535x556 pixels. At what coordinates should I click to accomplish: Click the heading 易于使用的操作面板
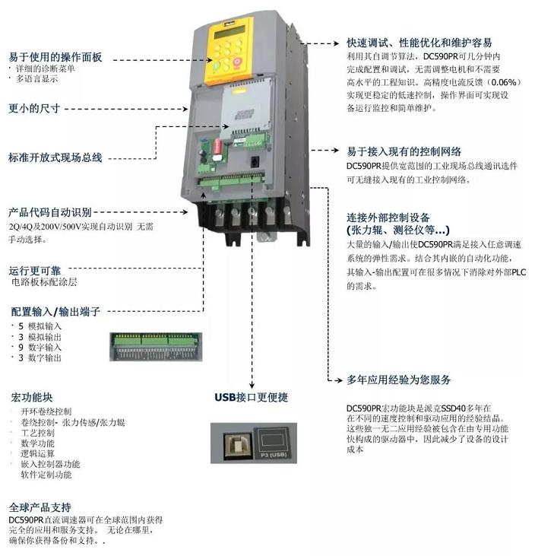pyautogui.click(x=55, y=57)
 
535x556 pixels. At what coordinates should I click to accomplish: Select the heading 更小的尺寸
pyautogui.click(x=34, y=108)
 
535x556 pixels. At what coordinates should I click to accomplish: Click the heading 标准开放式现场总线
pyautogui.click(x=55, y=158)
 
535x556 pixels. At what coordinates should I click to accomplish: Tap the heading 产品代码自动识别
pyautogui.click(x=49, y=212)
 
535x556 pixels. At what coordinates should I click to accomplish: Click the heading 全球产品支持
pyautogui.click(x=40, y=507)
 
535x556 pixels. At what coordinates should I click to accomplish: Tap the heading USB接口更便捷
pyautogui.click(x=251, y=397)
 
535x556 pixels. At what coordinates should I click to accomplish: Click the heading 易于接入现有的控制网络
pyautogui.click(x=404, y=151)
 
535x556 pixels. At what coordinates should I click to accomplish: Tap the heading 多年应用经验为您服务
pyautogui.click(x=399, y=380)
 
